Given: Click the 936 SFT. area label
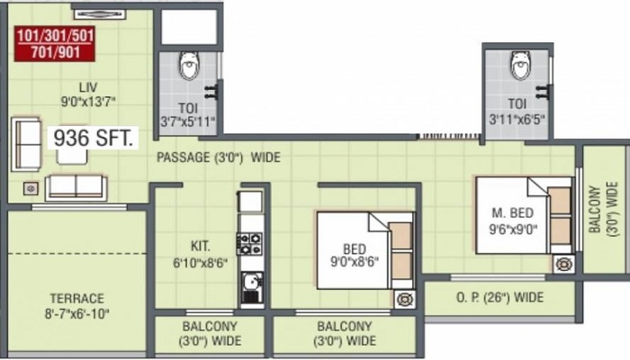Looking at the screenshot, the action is tap(93, 138).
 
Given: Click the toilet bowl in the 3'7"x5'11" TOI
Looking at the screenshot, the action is tap(189, 65).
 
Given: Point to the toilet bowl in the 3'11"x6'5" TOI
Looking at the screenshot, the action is tap(521, 65).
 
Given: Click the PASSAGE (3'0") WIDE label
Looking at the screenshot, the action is tap(219, 157).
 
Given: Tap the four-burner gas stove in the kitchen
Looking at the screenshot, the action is tap(249, 244).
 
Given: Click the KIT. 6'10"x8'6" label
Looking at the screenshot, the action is tap(200, 254).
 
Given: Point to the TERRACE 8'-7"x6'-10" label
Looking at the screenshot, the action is tap(77, 306).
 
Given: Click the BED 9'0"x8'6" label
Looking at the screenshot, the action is tap(355, 255).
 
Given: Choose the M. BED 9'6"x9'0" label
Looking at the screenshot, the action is tap(513, 220).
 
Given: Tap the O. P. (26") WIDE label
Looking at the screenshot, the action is tap(499, 297).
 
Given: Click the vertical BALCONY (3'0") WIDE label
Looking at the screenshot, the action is tap(603, 209).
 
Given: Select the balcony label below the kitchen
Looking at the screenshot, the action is tap(210, 334).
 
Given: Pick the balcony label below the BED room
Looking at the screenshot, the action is tap(345, 334).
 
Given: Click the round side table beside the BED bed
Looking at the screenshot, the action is tap(405, 300).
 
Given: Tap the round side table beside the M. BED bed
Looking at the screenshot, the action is tap(563, 265).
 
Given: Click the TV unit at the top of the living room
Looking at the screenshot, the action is tap(100, 14).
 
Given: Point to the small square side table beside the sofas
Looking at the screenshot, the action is tap(31, 188).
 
